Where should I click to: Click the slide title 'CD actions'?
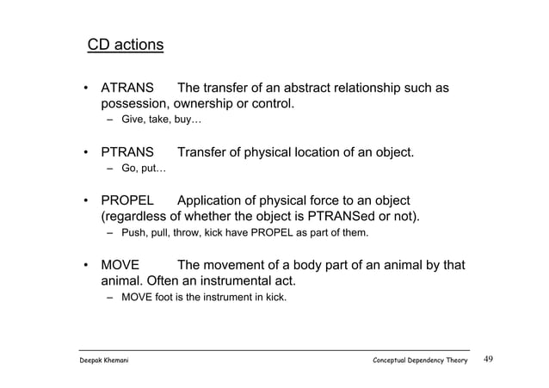(x=126, y=43)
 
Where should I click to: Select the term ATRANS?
(x=128, y=89)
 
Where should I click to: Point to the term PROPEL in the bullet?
(x=128, y=200)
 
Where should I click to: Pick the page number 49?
(x=490, y=359)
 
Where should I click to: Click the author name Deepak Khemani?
(x=108, y=360)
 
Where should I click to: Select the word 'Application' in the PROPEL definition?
(x=217, y=200)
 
